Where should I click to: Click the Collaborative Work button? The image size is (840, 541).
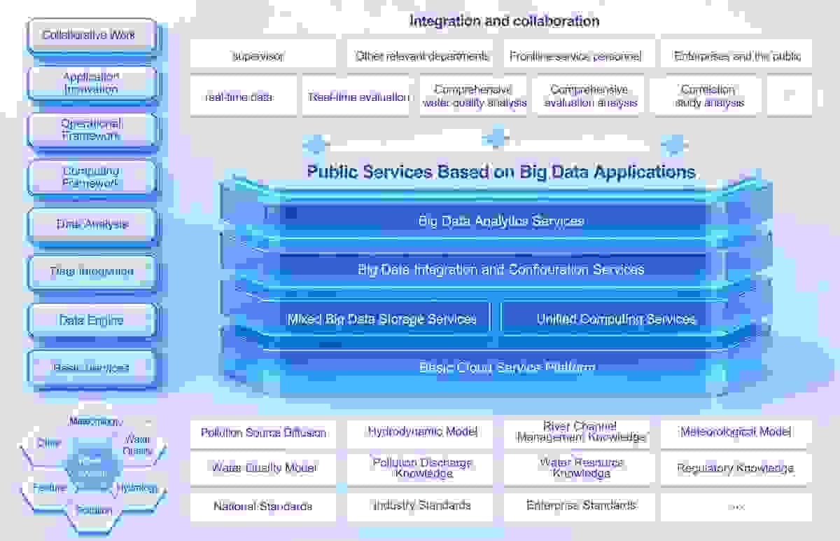point(92,35)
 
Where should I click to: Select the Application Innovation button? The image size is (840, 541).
point(92,83)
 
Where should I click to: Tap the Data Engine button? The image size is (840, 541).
point(92,320)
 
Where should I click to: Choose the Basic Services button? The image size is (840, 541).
point(92,367)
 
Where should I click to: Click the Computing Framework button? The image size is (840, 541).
point(92,177)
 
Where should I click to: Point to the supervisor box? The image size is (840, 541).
point(258,56)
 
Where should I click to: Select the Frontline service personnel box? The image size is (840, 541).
point(575,56)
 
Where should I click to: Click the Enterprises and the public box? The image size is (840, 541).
point(737,56)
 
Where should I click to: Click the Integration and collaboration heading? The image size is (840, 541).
point(504,21)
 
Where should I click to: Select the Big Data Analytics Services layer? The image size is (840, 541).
point(501,221)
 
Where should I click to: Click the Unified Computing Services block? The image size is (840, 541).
point(616,320)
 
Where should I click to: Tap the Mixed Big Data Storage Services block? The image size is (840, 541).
point(382,320)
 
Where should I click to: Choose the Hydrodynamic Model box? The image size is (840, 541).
point(423,432)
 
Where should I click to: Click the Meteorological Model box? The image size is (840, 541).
point(736,432)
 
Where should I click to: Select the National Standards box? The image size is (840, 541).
point(263,506)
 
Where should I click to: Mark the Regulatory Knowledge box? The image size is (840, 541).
point(736,468)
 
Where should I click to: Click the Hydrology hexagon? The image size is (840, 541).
point(137,488)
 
